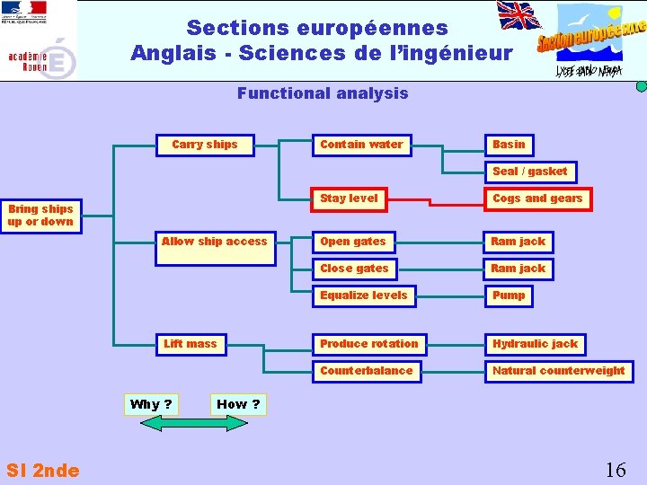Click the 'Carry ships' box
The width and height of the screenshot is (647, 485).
204,145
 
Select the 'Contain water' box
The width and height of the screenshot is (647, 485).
361,145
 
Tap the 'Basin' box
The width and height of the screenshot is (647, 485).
509,145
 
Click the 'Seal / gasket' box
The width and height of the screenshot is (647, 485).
530,172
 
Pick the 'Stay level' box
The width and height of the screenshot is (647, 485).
350,198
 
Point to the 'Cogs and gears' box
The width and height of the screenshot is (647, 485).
537,198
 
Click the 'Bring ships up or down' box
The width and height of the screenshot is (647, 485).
41,216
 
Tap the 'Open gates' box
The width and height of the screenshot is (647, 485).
353,242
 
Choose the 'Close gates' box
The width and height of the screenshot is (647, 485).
354,269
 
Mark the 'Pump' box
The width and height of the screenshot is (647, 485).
509,295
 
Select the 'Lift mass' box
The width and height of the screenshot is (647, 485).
191,344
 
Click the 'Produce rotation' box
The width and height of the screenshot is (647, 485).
369,344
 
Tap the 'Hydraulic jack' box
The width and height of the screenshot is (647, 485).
536,344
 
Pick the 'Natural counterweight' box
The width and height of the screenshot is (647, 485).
558,371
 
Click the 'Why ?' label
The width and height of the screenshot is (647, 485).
151,404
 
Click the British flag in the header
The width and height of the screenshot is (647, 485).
519,16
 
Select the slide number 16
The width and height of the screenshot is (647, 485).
616,470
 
